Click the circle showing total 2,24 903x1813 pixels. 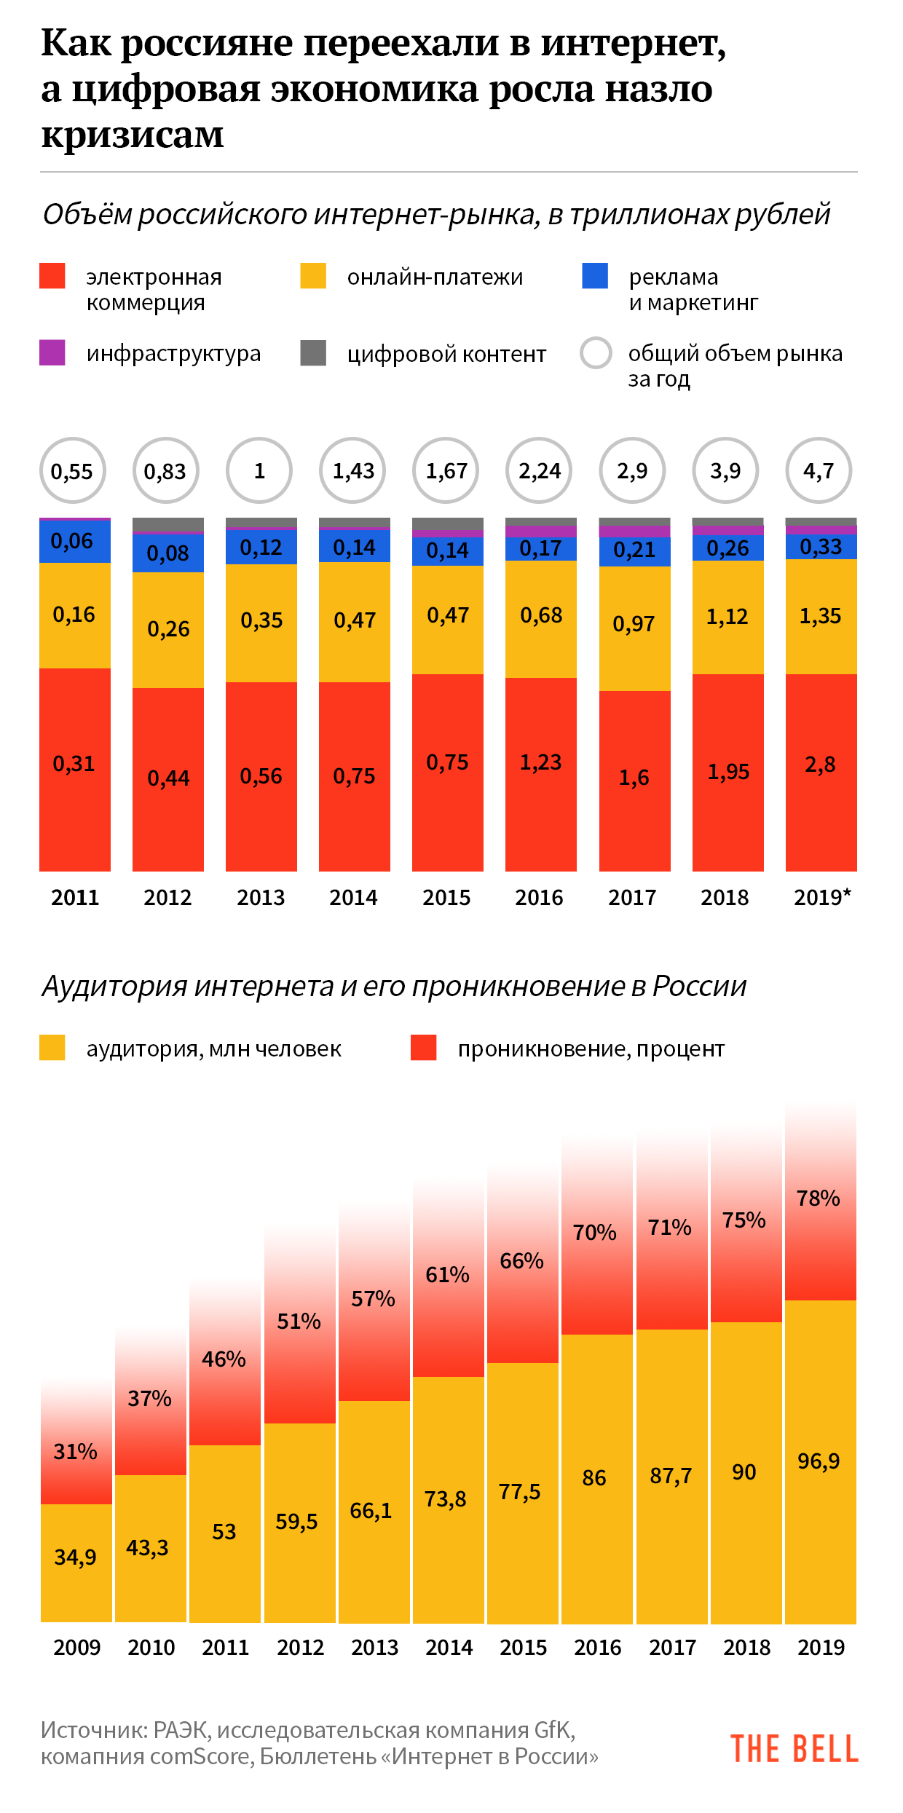[540, 470]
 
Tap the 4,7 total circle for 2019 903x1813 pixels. [819, 470]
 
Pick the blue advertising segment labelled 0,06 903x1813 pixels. [72, 541]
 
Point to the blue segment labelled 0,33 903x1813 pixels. [821, 547]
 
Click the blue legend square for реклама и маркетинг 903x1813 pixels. [595, 276]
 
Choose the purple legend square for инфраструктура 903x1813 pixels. [52, 352]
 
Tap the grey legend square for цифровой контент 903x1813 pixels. [313, 352]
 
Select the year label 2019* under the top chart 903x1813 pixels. [822, 898]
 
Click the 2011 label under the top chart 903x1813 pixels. [75, 898]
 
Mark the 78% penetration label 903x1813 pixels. [819, 1198]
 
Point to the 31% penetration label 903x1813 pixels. [76, 1451]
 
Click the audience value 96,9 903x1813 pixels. [819, 1461]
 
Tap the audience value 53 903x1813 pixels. [224, 1531]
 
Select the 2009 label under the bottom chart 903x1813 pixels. [76, 1647]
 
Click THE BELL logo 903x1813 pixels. [794, 1748]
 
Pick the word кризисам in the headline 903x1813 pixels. [133, 135]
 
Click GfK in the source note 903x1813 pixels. [553, 1730]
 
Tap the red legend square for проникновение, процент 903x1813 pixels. [424, 1048]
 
